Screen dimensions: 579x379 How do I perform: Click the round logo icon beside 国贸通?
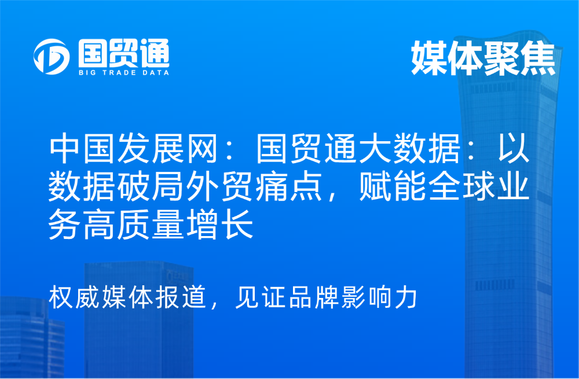pos(52,57)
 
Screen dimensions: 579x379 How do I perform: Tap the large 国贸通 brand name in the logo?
pos(124,53)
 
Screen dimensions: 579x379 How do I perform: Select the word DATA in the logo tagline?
pos(156,73)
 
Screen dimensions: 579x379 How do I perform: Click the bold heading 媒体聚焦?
pos(483,58)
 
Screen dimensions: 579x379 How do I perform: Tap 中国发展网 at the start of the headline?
pos(133,149)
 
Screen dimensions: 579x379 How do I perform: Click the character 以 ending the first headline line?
pos(514,149)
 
